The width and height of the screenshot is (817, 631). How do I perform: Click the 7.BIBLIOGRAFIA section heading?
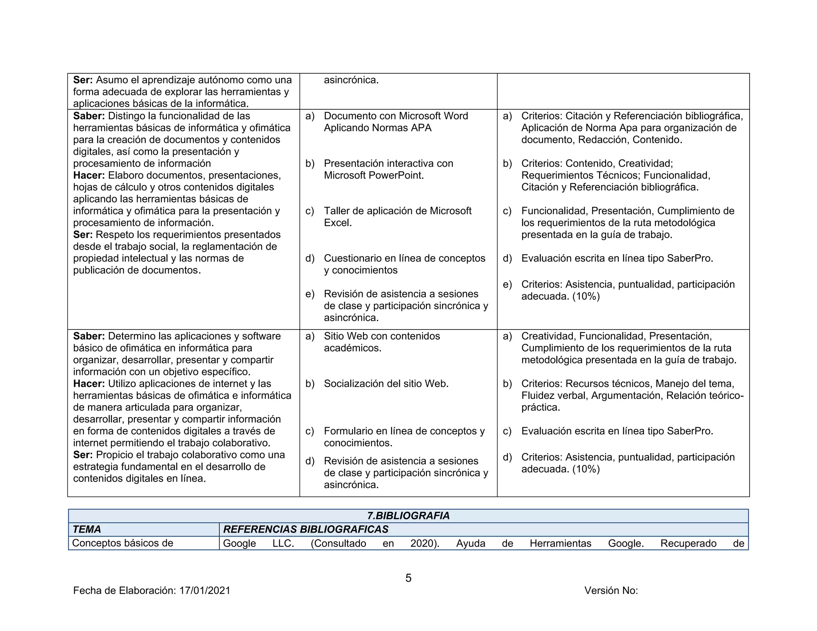pos(408,516)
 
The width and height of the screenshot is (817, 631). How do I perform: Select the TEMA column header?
pos(87,529)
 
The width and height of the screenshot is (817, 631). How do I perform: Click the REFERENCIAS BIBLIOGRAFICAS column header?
pos(306,529)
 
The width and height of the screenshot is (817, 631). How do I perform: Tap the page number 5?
pos(408,578)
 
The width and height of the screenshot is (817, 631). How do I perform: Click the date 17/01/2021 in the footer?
pos(205,591)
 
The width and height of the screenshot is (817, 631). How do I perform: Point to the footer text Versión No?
pos(611,591)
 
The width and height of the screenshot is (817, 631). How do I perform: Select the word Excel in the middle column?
pos(337,223)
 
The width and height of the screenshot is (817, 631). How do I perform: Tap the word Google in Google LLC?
pos(239,544)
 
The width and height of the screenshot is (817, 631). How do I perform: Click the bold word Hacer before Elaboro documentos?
pos(89,175)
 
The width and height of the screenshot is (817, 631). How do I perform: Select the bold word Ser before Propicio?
pos(83,455)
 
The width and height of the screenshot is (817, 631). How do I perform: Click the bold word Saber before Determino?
pos(89,336)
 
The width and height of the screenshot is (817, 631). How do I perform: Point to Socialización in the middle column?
pos(353,384)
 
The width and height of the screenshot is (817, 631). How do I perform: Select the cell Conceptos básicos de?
pos(122,543)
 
